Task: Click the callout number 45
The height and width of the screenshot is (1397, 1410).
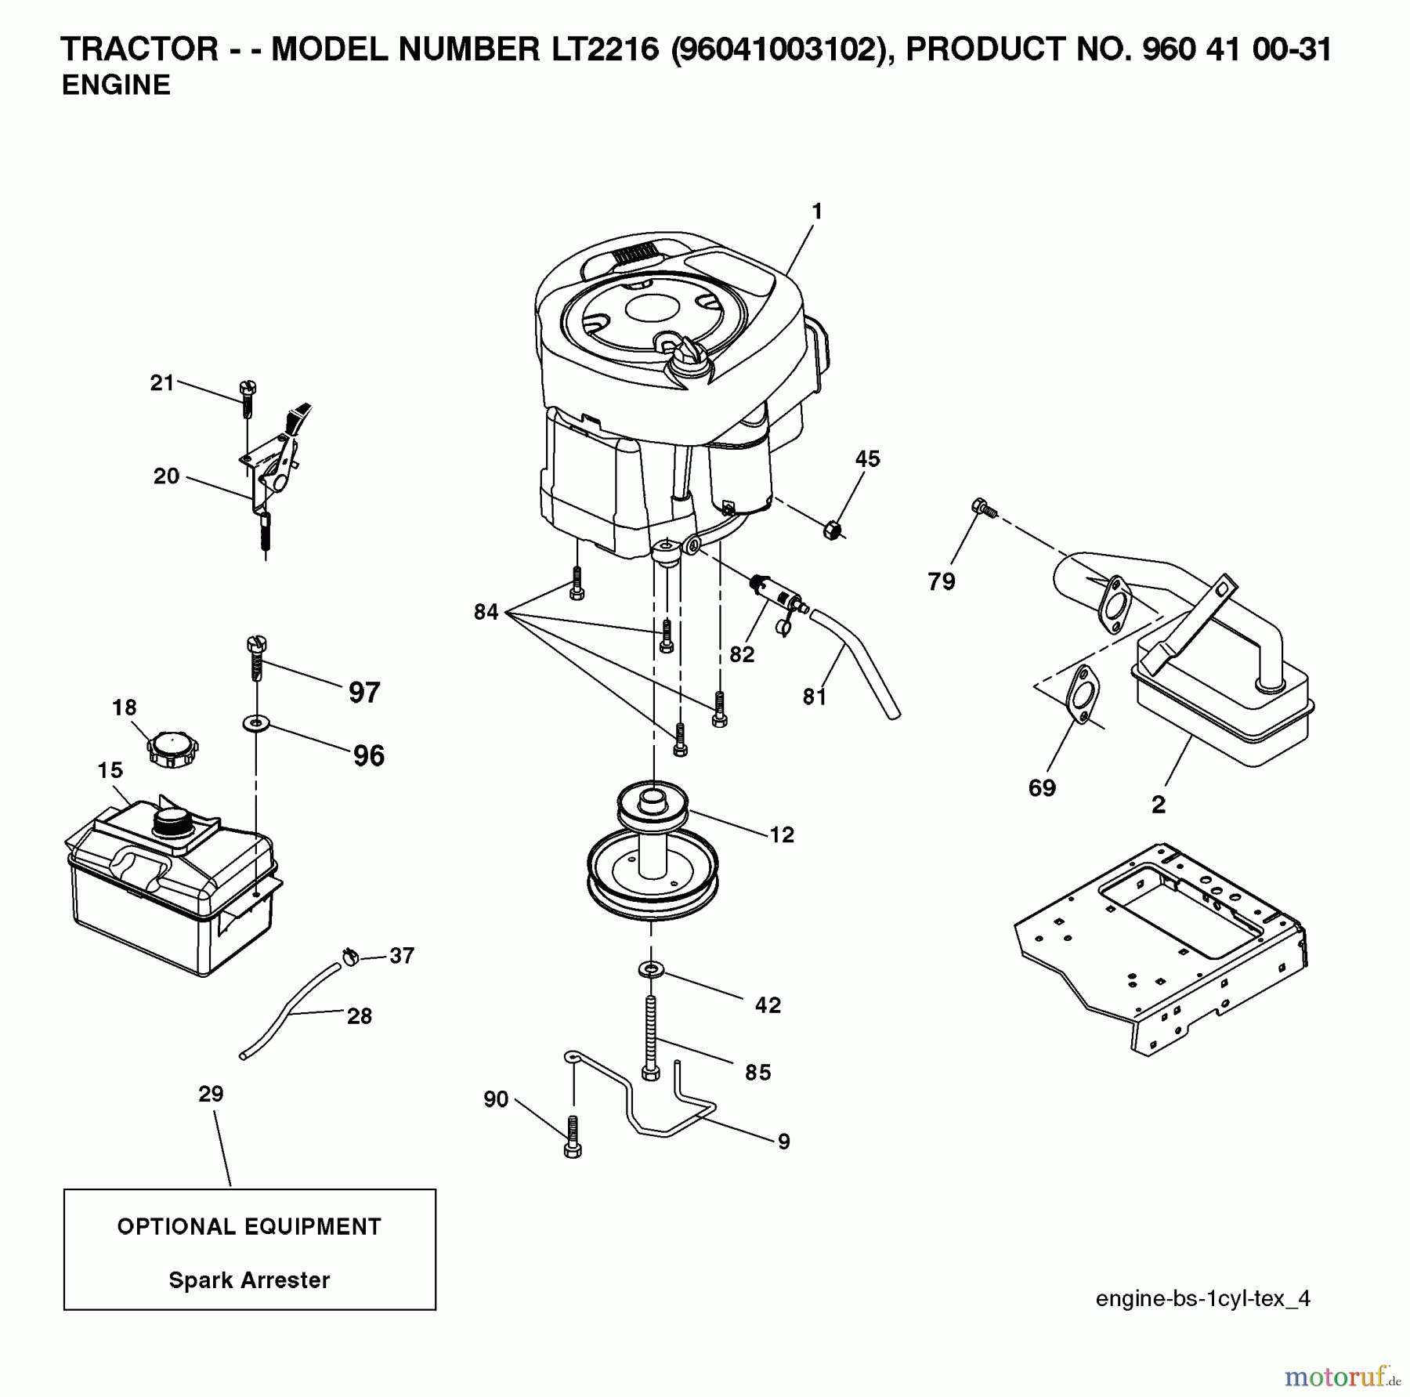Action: coord(867,458)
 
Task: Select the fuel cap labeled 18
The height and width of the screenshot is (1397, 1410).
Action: coord(172,750)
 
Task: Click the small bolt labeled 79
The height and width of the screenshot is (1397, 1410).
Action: coord(982,508)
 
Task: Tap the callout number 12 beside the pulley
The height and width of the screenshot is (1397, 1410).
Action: coord(781,835)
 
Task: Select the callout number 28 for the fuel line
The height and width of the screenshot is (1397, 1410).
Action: coord(359,1016)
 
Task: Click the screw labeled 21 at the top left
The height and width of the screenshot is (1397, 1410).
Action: coord(248,398)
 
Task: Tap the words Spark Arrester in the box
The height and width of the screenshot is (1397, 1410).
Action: coord(249,1280)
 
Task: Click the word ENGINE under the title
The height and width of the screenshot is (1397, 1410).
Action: coord(116,85)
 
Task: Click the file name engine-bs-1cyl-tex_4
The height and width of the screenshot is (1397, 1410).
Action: coord(1202,1299)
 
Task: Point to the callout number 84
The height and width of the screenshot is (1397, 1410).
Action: coord(486,612)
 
